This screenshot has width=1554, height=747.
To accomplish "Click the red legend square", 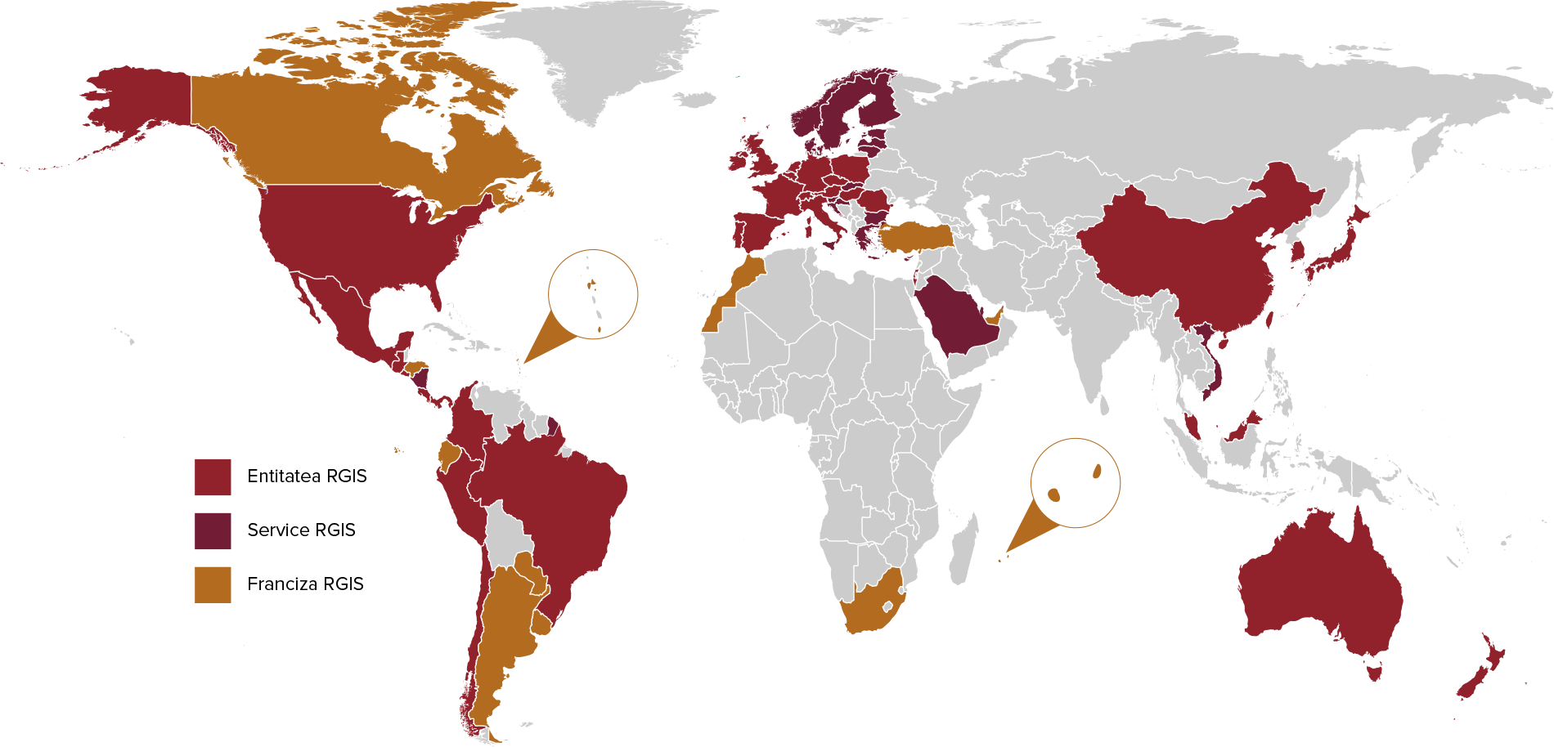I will (x=213, y=477).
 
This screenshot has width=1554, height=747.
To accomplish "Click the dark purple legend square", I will (x=213, y=531).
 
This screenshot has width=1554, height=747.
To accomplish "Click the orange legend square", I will (x=213, y=585).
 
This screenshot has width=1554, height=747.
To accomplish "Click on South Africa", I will (x=871, y=609).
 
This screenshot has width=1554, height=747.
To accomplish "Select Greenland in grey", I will (x=597, y=57).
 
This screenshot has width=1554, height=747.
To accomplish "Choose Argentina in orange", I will (x=503, y=637).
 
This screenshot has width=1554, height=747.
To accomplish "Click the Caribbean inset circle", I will (x=593, y=294).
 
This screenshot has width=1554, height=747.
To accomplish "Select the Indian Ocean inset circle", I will (x=1076, y=483).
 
